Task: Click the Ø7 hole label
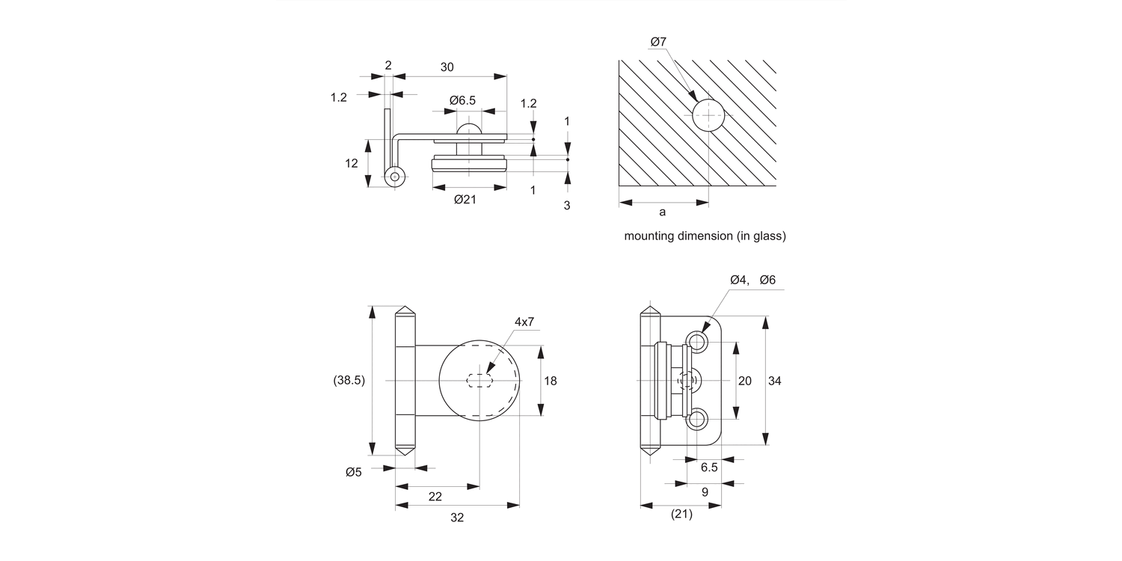[x=659, y=42]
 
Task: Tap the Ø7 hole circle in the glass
[x=708, y=116]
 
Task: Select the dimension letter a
[x=662, y=212]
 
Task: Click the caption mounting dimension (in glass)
[x=705, y=236]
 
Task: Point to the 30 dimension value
[x=447, y=67]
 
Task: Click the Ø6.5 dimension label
[x=462, y=100]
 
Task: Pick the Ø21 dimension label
[x=465, y=199]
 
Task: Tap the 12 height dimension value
[x=352, y=163]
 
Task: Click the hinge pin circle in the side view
[x=394, y=177]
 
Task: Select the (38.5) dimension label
[x=349, y=380]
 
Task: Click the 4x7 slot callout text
[x=524, y=322]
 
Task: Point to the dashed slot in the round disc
[x=479, y=380]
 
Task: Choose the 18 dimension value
[x=551, y=381]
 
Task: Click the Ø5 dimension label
[x=354, y=471]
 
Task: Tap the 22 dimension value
[x=435, y=497]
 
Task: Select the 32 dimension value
[x=457, y=517]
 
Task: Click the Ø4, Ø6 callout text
[x=752, y=280]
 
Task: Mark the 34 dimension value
[x=774, y=381]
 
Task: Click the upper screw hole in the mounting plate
[x=698, y=343]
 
